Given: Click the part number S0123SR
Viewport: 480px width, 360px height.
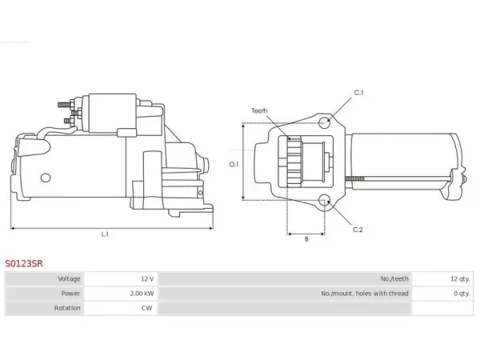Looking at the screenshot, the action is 23,263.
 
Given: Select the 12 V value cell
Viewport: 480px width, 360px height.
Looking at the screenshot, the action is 121,279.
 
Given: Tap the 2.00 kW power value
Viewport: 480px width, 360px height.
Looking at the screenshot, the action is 142,294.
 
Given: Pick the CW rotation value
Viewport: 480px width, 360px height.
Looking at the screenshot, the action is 146,308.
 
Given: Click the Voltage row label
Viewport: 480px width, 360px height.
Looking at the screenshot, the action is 69,279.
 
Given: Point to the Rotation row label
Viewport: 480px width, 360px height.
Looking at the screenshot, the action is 67,308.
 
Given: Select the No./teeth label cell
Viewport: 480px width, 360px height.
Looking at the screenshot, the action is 285,279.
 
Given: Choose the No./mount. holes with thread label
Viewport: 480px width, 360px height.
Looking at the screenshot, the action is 365,294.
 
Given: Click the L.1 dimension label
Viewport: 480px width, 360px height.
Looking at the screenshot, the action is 105,234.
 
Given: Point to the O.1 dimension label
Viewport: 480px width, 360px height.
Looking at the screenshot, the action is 234,164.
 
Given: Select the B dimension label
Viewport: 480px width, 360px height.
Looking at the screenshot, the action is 306,239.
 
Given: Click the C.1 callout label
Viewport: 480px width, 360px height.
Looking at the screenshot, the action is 358,93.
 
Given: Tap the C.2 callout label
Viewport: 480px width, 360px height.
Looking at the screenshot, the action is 358,230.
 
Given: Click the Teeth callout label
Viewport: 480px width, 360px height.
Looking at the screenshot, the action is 259,110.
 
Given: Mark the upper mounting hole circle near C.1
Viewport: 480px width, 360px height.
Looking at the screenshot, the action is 324,122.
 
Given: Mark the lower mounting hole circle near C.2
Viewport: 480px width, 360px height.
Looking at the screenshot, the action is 324,201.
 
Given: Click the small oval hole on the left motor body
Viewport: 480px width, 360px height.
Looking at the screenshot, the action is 46,178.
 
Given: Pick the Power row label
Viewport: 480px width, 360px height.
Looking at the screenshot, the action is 70,294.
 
